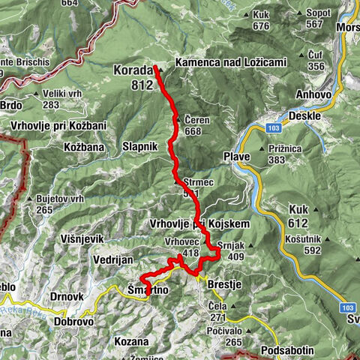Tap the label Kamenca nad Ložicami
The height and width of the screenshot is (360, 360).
pos(230,63)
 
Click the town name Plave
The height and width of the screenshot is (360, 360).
pos(236,156)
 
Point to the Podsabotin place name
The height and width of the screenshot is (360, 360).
pos(292,350)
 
